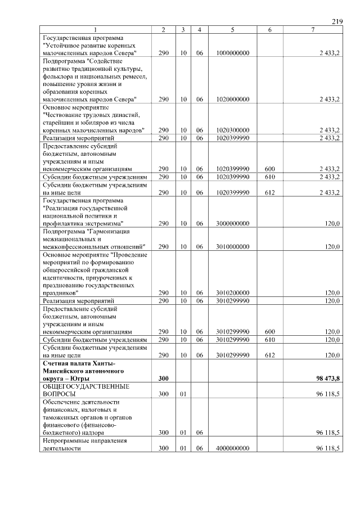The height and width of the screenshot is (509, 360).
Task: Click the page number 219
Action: tap(337, 21)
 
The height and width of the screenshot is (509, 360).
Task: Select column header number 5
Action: tap(232, 29)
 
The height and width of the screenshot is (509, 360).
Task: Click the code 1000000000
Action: tap(232, 53)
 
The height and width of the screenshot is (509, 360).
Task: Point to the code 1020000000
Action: tap(232, 100)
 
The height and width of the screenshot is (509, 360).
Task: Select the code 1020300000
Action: tap(232, 130)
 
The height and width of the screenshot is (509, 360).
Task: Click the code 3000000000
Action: tap(232, 223)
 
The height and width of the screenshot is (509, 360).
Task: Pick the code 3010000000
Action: tap(232, 246)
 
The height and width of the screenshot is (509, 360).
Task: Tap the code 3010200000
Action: tap(232, 293)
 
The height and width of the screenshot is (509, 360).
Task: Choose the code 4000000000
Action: tap(232, 448)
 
